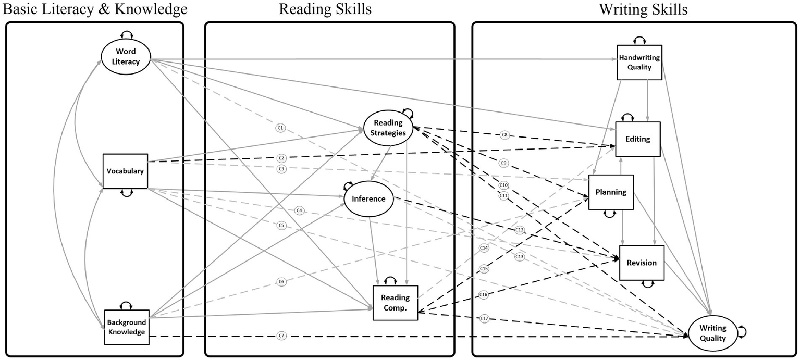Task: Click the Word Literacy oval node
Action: pyautogui.click(x=126, y=57)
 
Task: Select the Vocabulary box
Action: pyautogui.click(x=125, y=171)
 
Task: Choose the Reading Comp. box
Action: pyautogui.click(x=395, y=303)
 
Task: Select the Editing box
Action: pyautogui.click(x=638, y=139)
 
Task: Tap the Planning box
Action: pyautogui.click(x=611, y=192)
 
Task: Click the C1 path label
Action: pyautogui.click(x=280, y=127)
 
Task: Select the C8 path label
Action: pyautogui.click(x=504, y=135)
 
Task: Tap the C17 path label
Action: pyautogui.click(x=484, y=318)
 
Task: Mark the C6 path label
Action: pyautogui.click(x=281, y=281)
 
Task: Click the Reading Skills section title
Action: pyautogui.click(x=325, y=9)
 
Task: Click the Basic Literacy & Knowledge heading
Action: pyautogui.click(x=94, y=9)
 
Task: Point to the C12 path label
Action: pyautogui.click(x=519, y=230)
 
